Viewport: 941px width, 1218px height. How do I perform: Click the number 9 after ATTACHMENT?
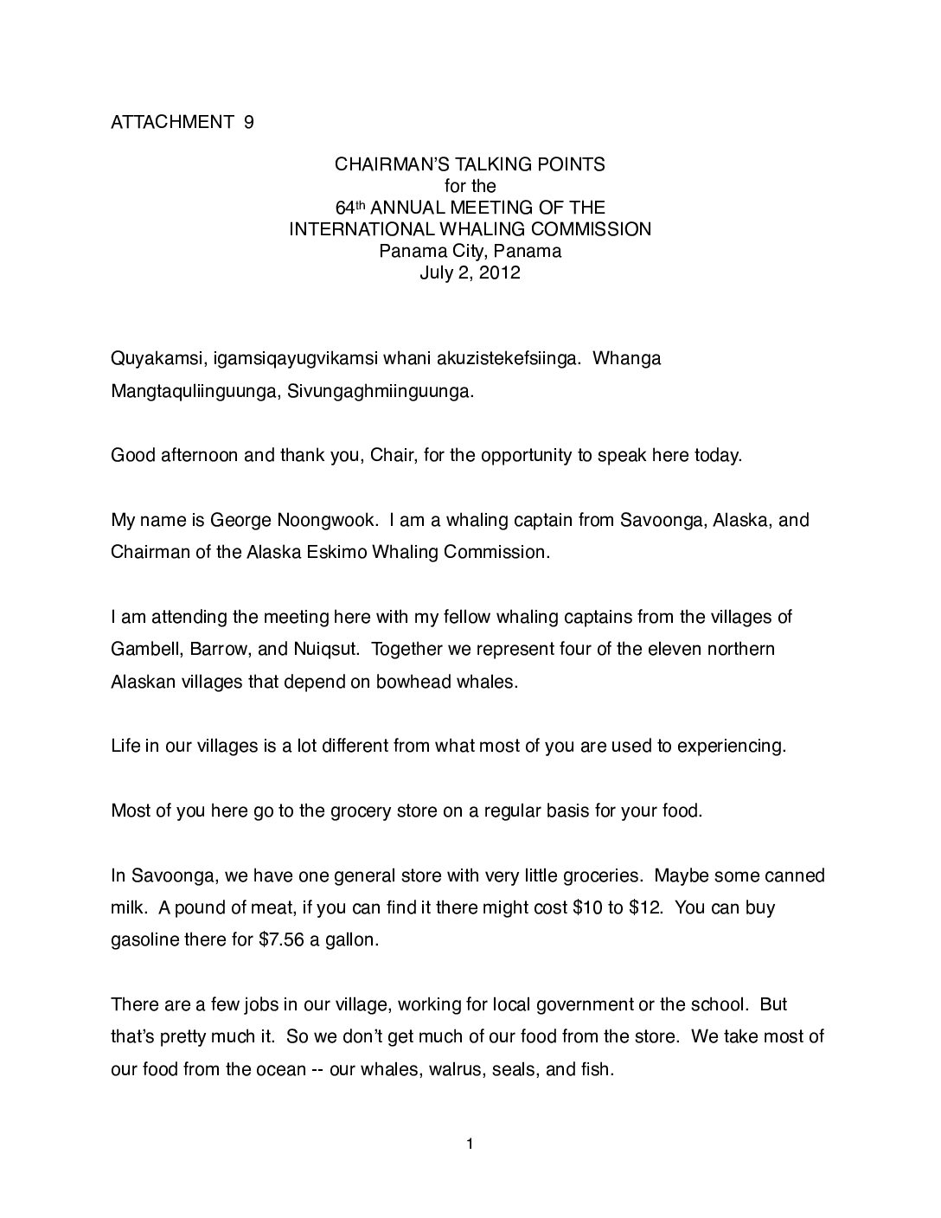click(248, 122)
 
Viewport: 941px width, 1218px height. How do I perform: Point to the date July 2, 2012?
click(470, 274)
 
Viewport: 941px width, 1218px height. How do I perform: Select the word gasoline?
click(146, 940)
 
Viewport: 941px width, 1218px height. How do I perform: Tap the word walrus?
click(458, 1069)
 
